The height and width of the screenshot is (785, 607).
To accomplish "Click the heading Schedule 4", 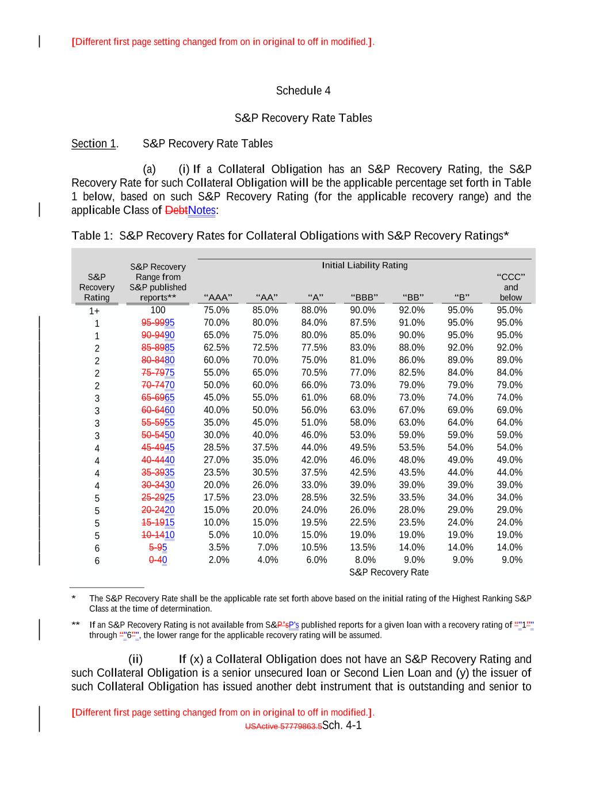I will (x=303, y=91).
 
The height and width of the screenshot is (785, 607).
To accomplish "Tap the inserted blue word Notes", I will (x=201, y=210).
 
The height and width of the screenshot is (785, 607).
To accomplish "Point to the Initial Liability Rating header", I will (x=364, y=265).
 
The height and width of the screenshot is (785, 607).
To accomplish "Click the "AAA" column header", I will (x=218, y=298).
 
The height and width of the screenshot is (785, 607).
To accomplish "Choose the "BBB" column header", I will (x=364, y=298).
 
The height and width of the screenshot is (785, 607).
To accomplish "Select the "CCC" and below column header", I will (x=510, y=287).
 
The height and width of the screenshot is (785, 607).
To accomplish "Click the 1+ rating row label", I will (x=94, y=311).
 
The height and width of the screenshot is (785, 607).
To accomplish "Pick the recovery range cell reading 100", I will (x=158, y=310).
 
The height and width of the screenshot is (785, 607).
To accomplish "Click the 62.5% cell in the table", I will (x=216, y=348).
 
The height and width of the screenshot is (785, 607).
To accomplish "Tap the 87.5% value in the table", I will (x=362, y=323).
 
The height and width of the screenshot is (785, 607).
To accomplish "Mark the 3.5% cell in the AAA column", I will (x=219, y=547).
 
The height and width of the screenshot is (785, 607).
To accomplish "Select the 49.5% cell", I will (x=362, y=447).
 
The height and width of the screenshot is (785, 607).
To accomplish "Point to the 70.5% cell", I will (x=314, y=373).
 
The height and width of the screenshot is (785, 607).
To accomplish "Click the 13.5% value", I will (x=362, y=547).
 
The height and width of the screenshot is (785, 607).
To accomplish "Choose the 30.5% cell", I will (x=265, y=473).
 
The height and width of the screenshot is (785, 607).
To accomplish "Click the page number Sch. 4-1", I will (x=342, y=725).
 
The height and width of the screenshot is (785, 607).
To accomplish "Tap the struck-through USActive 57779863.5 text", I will (x=283, y=726).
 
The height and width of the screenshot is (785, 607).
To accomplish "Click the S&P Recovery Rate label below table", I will (x=388, y=572).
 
